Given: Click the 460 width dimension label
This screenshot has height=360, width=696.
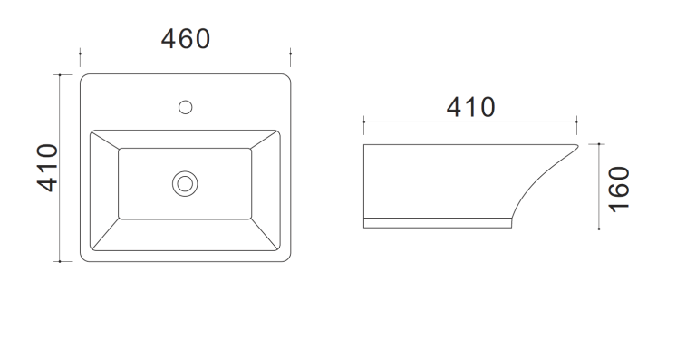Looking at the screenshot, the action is (x=186, y=39).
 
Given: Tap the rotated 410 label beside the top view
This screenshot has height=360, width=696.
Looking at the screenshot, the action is (x=47, y=168).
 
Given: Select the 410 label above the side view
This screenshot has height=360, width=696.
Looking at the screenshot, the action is (x=470, y=107).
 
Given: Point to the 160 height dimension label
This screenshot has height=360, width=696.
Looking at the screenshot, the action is (x=619, y=190).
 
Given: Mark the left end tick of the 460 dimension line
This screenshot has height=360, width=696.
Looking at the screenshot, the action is (x=80, y=54).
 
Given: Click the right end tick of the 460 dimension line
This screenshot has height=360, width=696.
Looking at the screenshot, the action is (x=291, y=54).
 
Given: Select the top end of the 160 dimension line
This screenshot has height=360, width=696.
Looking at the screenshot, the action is (x=599, y=144).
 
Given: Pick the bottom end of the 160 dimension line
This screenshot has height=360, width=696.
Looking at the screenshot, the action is (x=599, y=229).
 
